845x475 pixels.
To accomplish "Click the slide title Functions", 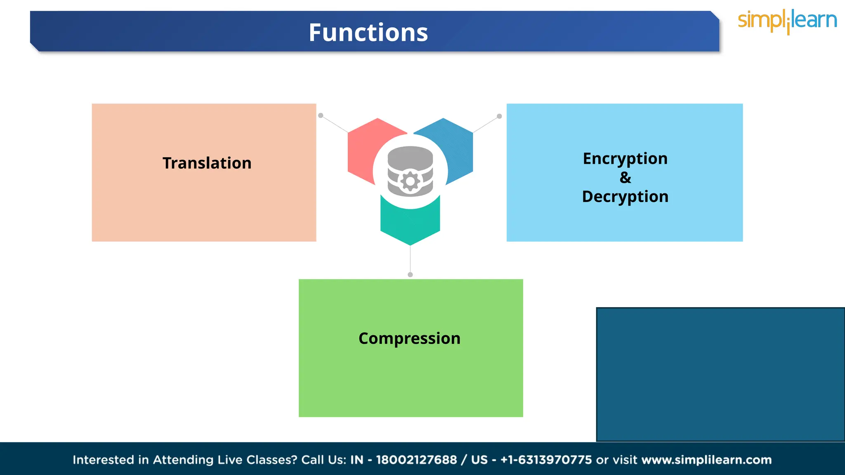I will [368, 33].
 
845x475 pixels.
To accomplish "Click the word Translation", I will [207, 163].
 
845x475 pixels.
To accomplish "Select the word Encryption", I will [625, 158].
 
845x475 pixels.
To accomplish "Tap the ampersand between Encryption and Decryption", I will [625, 178].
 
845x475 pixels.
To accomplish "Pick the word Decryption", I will [625, 197].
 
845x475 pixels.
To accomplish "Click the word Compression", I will [409, 338].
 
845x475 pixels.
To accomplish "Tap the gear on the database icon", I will [410, 181].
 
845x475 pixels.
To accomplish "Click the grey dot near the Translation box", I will [321, 115].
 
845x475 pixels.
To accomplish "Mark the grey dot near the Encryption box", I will [499, 116].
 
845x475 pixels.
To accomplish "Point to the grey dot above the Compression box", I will [410, 275].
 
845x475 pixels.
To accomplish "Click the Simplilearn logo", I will [787, 21].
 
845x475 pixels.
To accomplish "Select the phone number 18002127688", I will [416, 460].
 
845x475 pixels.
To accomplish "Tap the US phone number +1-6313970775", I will [546, 460].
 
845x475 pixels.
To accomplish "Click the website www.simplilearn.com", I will [706, 460].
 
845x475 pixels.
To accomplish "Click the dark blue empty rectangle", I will [720, 374].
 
